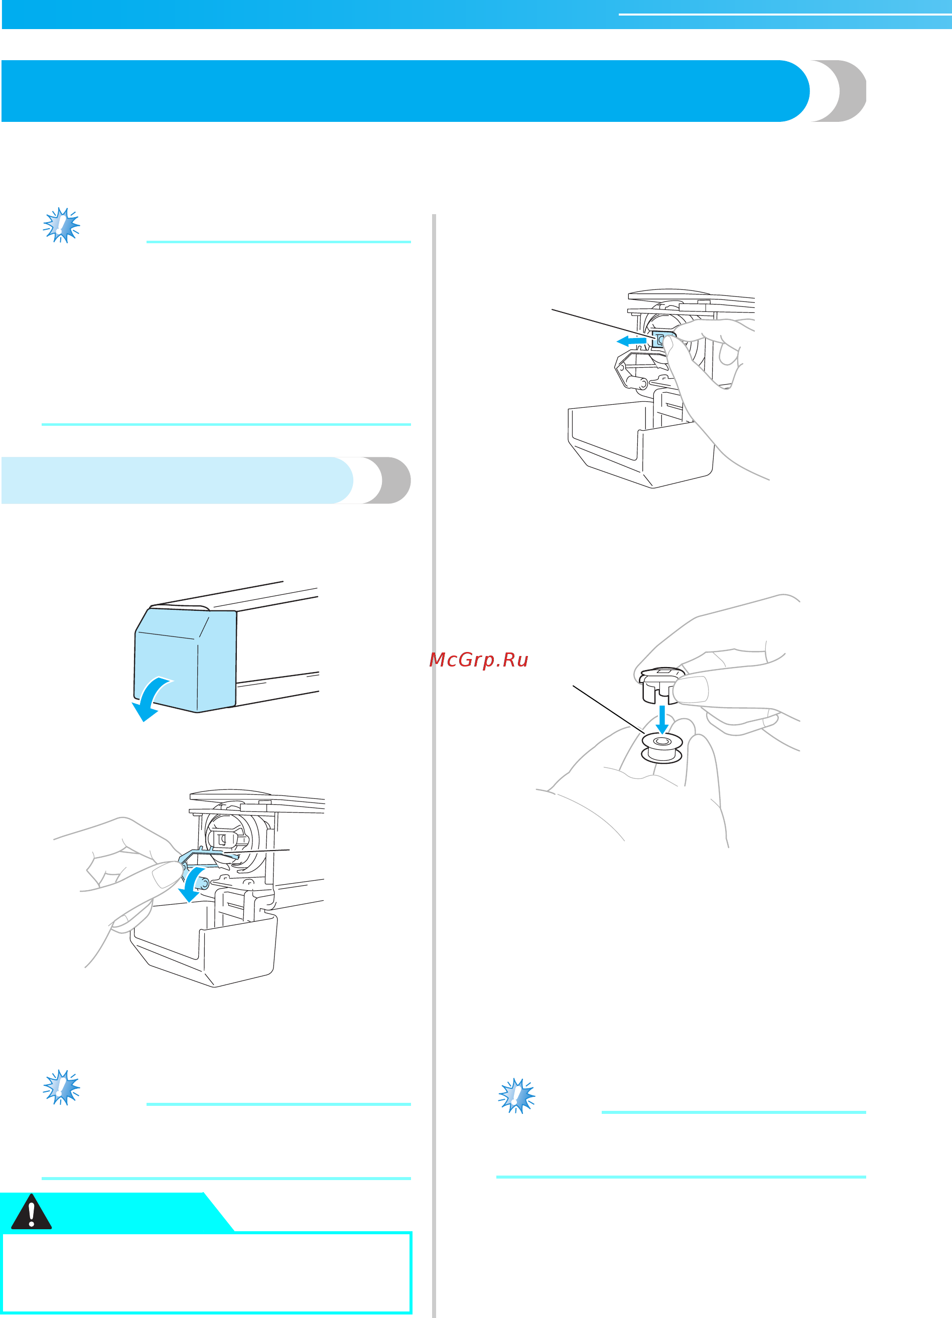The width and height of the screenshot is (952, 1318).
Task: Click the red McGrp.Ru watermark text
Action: point(478,660)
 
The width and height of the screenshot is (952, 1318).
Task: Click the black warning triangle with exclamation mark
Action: point(32,1213)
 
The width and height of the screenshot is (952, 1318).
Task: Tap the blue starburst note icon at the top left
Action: point(61,225)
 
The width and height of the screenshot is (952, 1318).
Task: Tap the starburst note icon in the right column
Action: point(516,1095)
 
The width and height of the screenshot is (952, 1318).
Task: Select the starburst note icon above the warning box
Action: point(61,1087)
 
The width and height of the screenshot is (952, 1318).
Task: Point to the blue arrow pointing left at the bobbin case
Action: point(631,341)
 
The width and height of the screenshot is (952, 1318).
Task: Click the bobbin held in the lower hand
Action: point(662,747)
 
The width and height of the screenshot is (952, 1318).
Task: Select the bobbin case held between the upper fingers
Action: point(657,686)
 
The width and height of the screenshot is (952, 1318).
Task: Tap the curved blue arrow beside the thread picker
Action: point(192,883)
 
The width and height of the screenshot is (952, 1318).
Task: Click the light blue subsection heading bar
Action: point(175,480)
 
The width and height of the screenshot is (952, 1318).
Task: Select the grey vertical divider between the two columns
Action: point(434,755)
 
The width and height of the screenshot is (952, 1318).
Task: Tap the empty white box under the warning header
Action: point(206,1273)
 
